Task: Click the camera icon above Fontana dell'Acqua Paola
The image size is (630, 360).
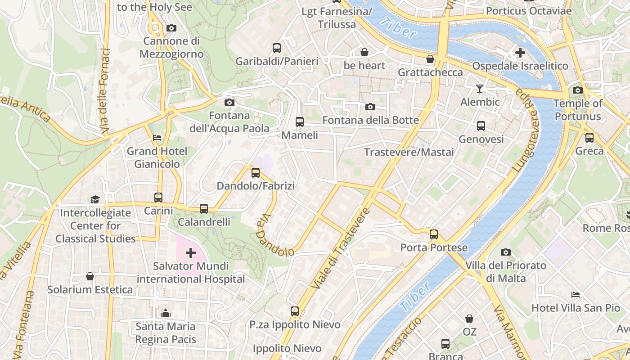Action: (229, 102)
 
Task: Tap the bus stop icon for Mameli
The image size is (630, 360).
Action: (299, 121)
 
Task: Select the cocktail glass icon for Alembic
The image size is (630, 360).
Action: (480, 88)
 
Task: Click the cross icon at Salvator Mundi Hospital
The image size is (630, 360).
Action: (191, 253)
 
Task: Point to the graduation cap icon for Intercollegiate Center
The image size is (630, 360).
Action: (95, 199)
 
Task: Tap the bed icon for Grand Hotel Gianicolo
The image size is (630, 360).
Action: (157, 138)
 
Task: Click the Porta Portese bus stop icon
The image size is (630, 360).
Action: (434, 234)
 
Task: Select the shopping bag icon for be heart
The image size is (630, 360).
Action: (364, 52)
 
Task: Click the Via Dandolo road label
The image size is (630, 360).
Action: (274, 235)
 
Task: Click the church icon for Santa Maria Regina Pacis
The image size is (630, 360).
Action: (166, 313)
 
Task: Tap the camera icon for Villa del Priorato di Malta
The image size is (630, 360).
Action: (506, 252)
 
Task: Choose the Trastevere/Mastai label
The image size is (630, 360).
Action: (409, 152)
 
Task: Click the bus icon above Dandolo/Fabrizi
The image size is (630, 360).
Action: (256, 172)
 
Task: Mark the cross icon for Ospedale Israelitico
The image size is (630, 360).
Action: (520, 53)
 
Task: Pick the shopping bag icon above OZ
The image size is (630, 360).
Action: (469, 319)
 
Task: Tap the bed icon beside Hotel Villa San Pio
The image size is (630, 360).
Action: (576, 295)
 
